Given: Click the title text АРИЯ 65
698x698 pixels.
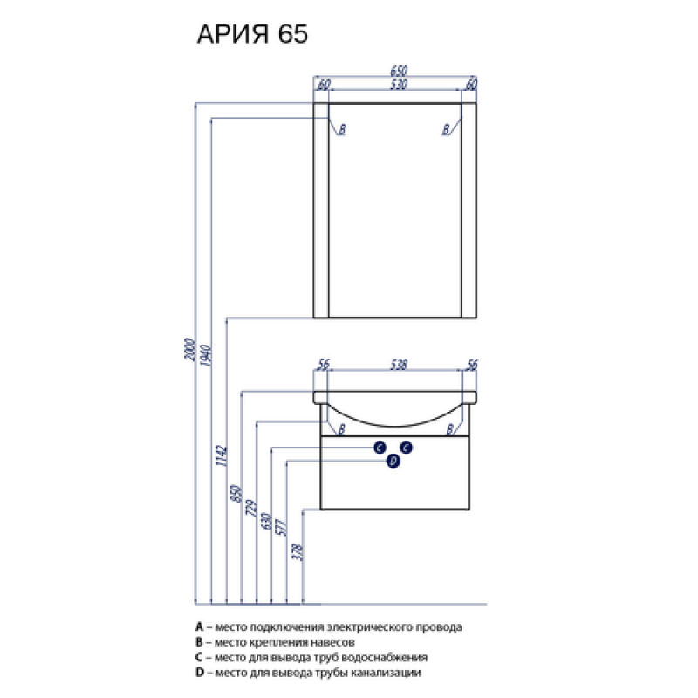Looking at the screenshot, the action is [252, 34].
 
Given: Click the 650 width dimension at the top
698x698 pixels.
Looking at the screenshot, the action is [399, 71].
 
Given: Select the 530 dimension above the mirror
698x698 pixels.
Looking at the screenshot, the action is [399, 84].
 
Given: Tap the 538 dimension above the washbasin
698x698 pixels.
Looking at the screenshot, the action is [399, 365].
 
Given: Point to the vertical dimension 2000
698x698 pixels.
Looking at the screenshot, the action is [189, 350].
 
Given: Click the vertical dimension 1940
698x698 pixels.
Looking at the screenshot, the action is [206, 355].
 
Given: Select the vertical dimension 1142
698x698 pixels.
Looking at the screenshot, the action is [222, 455].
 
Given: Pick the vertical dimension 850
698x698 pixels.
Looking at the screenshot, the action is [236, 494].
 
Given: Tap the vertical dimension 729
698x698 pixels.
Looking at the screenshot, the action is [251, 508].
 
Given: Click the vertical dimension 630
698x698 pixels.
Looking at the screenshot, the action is [267, 521].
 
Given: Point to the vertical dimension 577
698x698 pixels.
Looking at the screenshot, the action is [282, 527].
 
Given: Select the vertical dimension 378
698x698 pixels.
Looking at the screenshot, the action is [298, 552].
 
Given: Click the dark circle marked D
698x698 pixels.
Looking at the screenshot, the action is [393, 462].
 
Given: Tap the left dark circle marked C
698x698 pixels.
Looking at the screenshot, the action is [380, 448].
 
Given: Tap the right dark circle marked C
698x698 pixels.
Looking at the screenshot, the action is [406, 448].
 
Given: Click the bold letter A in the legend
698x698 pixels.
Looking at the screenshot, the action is [200, 626].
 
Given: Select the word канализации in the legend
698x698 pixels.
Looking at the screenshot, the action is [386, 673].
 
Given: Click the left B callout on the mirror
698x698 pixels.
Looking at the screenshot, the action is [342, 129].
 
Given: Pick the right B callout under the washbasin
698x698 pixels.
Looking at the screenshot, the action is [449, 429].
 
